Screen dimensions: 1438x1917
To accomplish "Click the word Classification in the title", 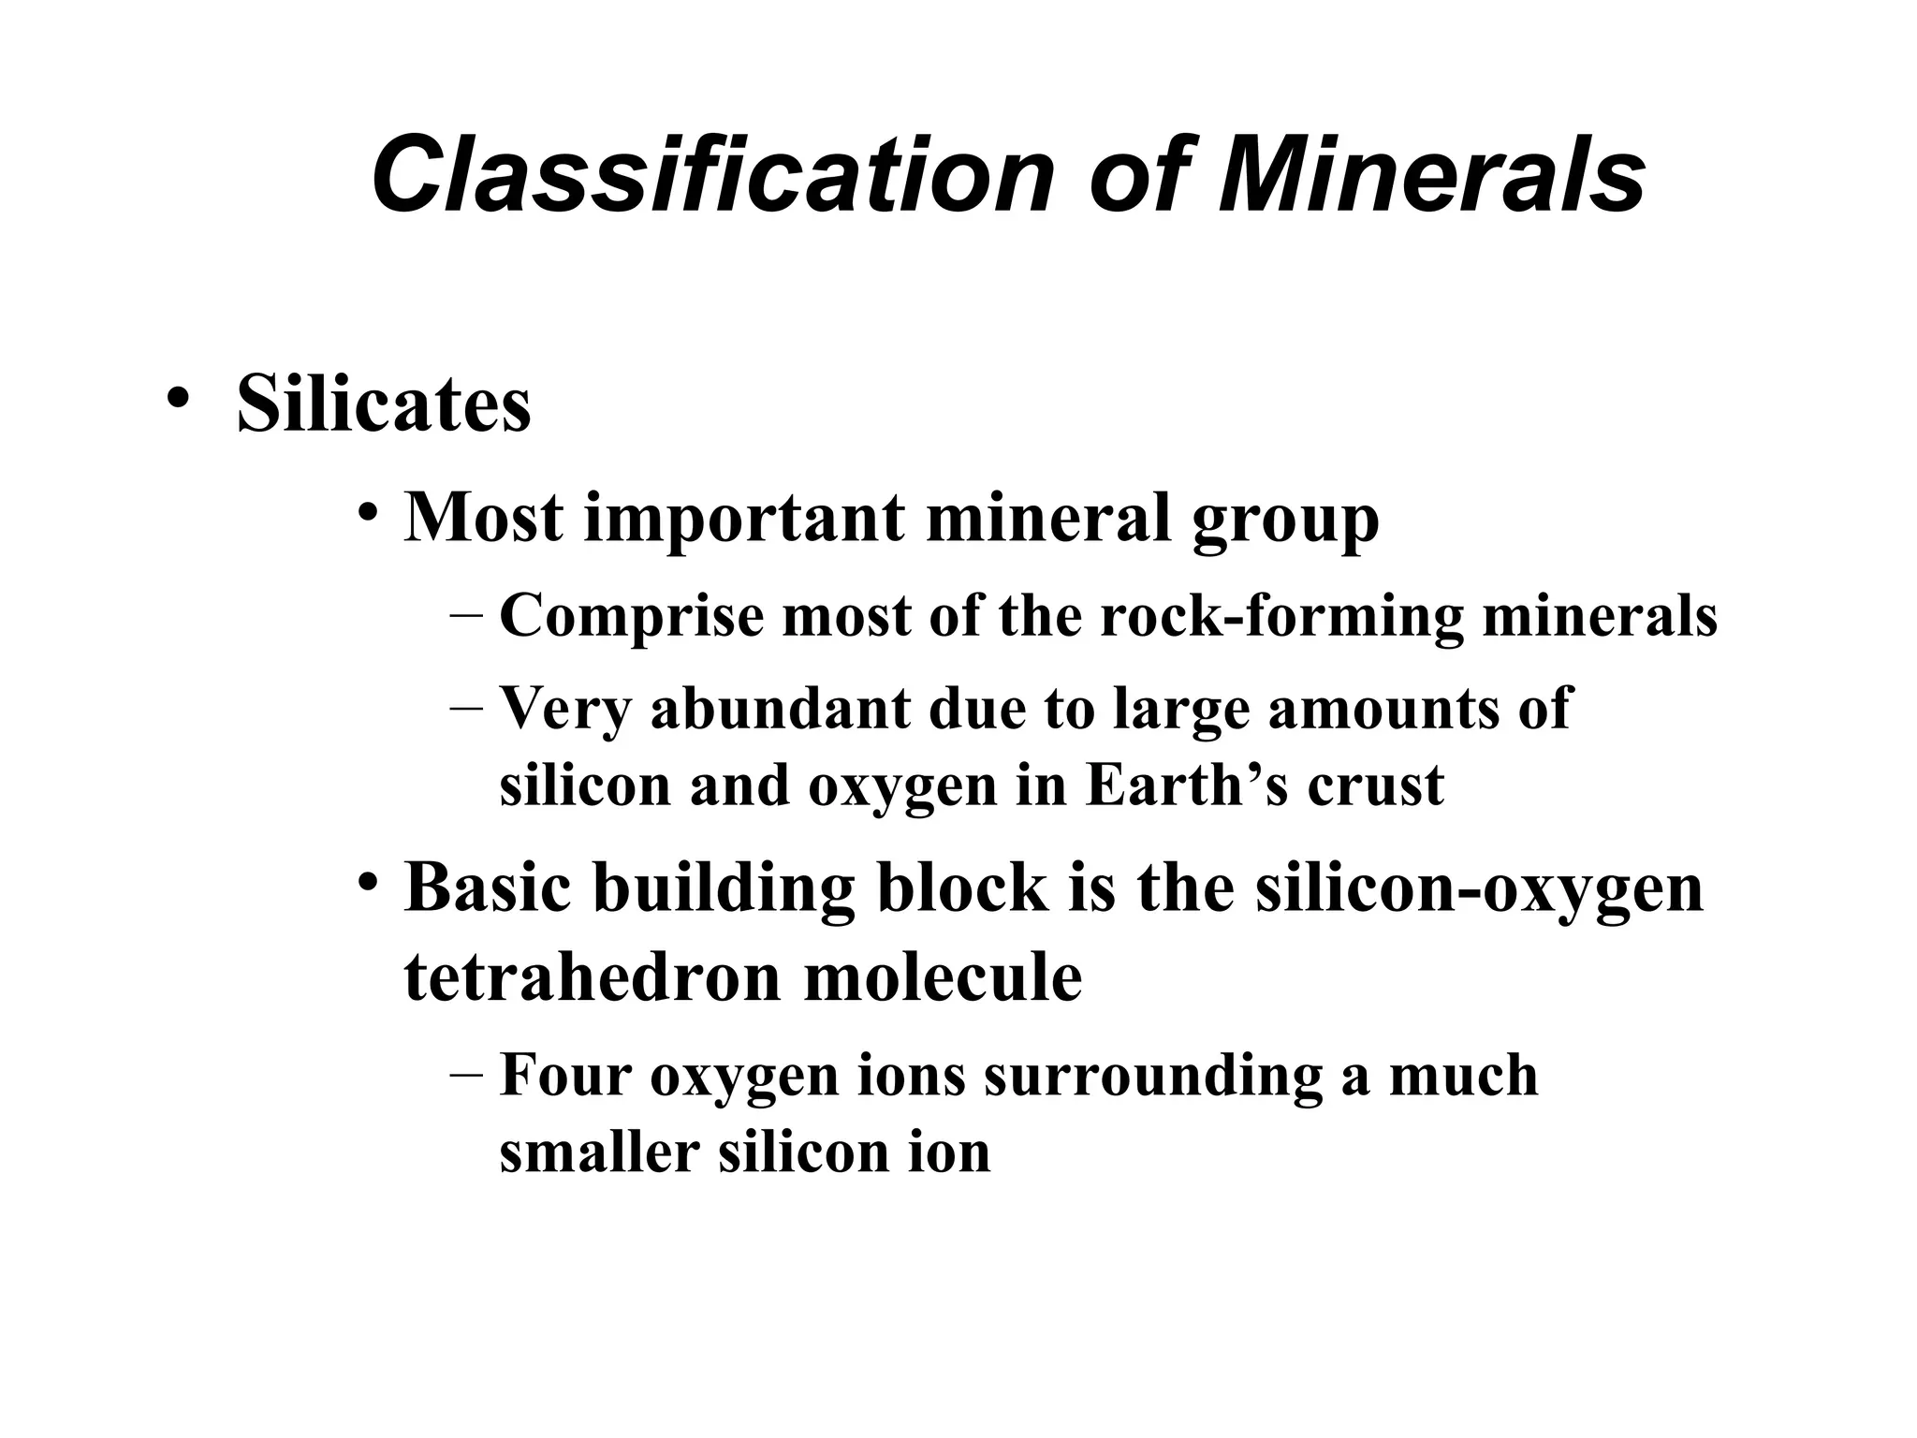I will pos(712,176).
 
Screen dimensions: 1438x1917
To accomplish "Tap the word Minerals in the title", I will pos(1431,176).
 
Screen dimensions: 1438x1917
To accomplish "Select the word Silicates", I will pos(384,404).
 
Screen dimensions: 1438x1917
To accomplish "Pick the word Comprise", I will pos(632,617).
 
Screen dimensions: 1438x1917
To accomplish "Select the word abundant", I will pos(781,708).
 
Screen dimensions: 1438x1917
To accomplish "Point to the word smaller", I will pos(600,1152).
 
